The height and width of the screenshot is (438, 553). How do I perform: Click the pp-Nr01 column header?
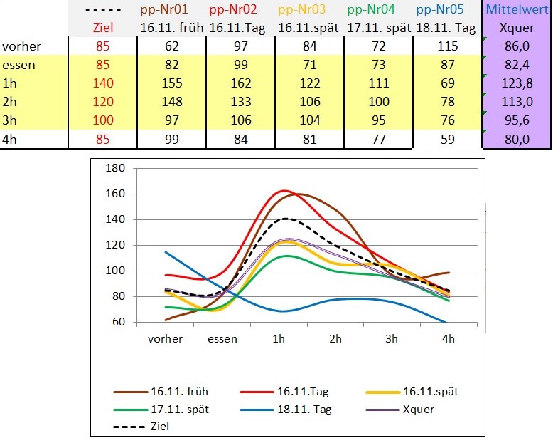(x=172, y=10)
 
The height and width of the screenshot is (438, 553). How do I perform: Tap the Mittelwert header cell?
(x=517, y=10)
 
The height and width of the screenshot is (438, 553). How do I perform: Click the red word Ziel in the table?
(x=103, y=28)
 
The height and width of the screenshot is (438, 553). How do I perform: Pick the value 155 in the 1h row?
(x=172, y=83)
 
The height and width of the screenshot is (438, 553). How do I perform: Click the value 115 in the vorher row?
(x=448, y=47)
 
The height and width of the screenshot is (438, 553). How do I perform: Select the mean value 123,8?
(x=517, y=83)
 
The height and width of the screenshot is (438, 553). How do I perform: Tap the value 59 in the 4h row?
(x=448, y=139)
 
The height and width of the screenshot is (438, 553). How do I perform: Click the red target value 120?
(x=103, y=102)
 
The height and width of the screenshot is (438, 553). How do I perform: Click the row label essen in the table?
(x=19, y=65)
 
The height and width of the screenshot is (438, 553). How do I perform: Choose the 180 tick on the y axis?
(x=114, y=168)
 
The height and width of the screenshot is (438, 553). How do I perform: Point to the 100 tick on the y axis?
(x=114, y=271)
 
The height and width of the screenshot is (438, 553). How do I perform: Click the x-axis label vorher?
(x=165, y=338)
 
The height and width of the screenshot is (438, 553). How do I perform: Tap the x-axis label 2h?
(x=335, y=338)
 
